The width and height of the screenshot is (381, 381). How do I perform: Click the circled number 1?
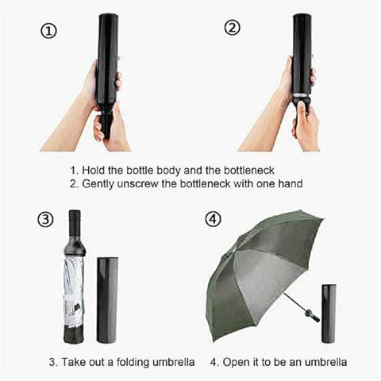click(48, 32)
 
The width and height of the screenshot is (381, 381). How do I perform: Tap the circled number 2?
click(233, 28)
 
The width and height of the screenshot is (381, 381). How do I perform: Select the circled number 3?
click(45, 220)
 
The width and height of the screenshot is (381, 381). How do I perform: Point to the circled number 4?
click(213, 220)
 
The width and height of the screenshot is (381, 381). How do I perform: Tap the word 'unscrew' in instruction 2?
click(137, 183)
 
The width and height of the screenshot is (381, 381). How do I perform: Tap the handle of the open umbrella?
click(311, 314)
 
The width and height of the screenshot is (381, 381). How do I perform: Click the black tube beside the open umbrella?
click(329, 314)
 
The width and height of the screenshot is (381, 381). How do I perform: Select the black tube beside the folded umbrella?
click(107, 300)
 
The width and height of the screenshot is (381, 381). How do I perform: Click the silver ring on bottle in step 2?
click(301, 94)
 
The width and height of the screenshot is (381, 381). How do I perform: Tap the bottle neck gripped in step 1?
click(106, 125)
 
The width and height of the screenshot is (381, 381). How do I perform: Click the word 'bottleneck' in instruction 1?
click(249, 171)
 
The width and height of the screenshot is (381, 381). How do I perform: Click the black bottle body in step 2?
click(302, 53)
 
